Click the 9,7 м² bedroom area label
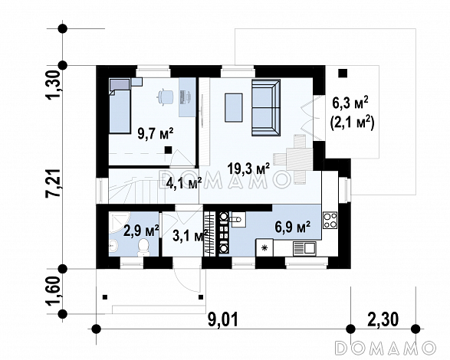coord(156,134)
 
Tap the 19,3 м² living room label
coord(248,169)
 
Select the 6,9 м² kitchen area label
coord(292,227)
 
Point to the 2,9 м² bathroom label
coord(141,231)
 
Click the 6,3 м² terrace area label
coord(350,103)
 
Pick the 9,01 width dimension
coord(223,320)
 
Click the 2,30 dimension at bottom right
coord(383,319)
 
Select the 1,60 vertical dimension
coord(54,291)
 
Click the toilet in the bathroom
coord(143,247)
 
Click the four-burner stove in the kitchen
coord(330,220)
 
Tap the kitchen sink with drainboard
coord(304,248)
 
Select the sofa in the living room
coord(266,107)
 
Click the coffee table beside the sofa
coord(234,107)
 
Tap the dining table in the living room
coord(300,159)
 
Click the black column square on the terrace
coord(343,74)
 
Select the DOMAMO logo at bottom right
coord(385,348)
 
